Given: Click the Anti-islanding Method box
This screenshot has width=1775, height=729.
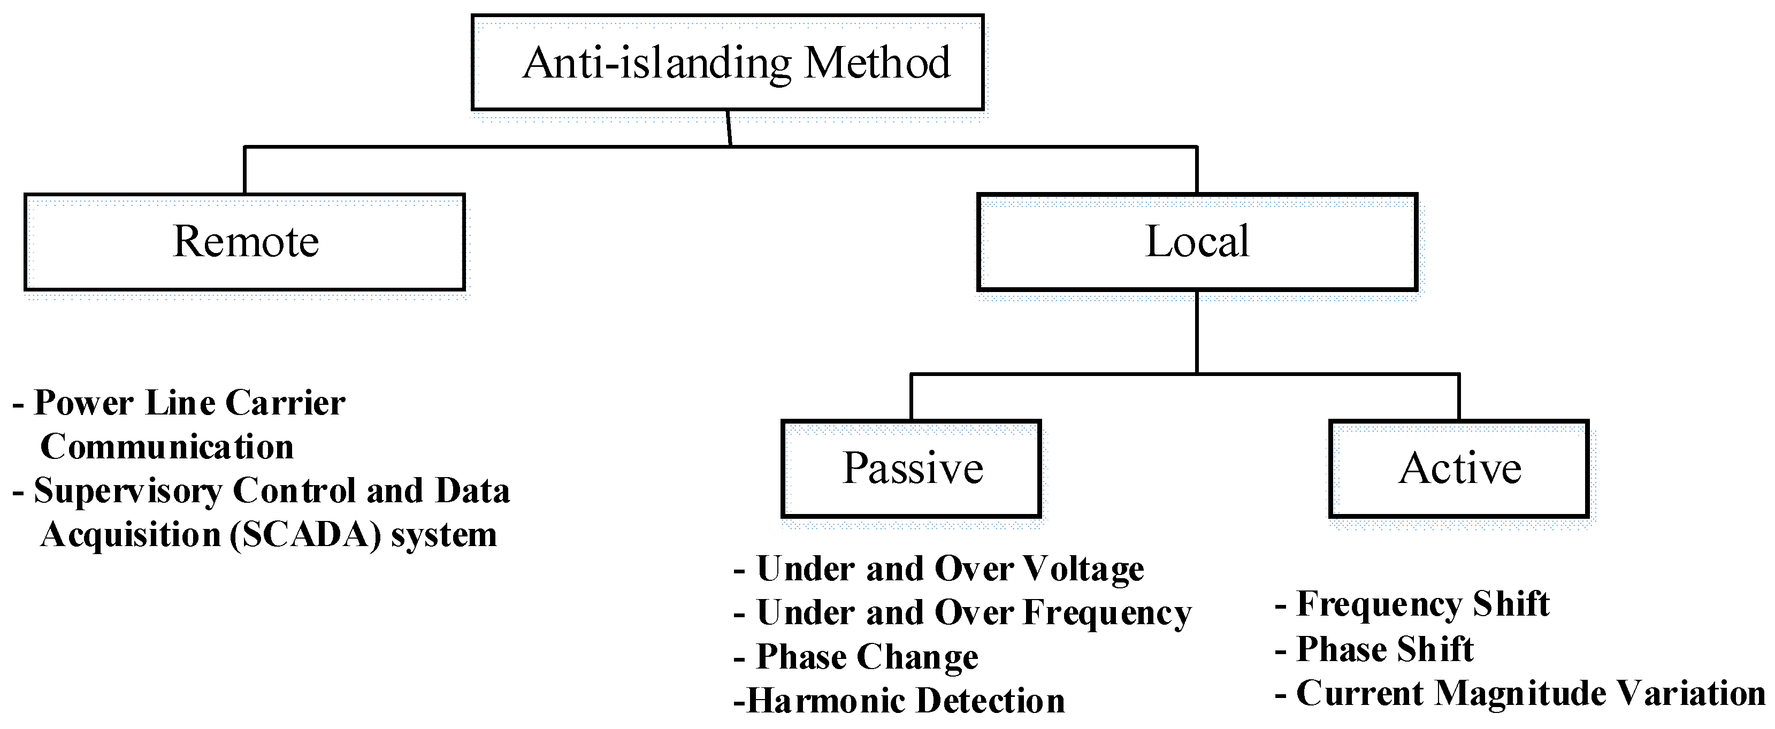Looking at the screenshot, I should coord(727,63).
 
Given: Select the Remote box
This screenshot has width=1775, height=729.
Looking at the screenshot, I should coord(244,242).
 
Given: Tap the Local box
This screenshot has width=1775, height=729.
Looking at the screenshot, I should coord(1197,242).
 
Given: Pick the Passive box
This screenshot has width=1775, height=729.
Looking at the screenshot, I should coord(911,469).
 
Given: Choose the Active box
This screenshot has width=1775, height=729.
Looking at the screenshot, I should coord(1459,469).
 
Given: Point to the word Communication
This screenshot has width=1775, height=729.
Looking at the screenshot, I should coord(167,447).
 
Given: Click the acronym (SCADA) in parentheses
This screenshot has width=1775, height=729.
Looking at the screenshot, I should coord(305,535).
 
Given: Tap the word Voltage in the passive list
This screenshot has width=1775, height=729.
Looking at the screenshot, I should coord(1083,569).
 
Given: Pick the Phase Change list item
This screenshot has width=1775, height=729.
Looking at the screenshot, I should coord(866,657).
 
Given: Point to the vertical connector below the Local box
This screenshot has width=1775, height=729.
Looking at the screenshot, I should coord(1197,331).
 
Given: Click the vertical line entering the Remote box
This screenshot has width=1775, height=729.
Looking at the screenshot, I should coord(244,170).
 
